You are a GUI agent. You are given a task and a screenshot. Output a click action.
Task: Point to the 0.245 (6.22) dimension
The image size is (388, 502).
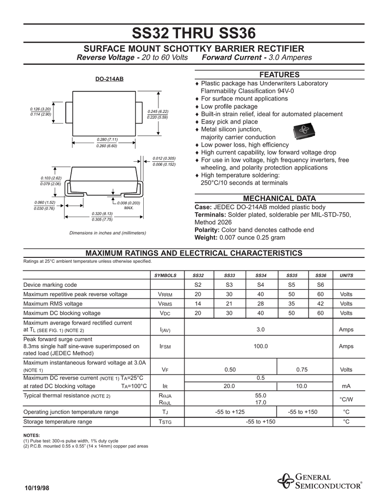coord(157,111)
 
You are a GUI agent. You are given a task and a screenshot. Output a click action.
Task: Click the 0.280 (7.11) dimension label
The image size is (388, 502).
coord(106,140)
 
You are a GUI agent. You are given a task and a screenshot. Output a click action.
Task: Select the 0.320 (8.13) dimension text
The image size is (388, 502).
coord(102,214)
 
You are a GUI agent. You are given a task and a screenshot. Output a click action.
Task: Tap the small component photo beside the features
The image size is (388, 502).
coord(304,131)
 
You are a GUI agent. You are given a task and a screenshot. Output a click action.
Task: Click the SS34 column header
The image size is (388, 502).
coord(260,276)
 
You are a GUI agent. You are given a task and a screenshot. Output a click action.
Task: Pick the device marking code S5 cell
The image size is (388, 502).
coord(291,285)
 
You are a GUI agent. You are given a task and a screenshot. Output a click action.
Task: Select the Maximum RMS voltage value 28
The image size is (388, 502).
coord(260,304)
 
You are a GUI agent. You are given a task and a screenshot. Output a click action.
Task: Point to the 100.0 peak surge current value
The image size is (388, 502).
coord(260,347)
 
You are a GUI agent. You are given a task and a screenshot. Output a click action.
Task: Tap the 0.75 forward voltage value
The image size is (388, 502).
coord(302,370)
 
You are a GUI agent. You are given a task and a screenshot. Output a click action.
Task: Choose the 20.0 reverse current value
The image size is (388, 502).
coord(229,386)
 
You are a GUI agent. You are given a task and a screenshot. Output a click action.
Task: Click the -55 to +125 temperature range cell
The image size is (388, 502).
coord(230,412)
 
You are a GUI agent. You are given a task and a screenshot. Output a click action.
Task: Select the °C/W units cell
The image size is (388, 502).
coord(346,399)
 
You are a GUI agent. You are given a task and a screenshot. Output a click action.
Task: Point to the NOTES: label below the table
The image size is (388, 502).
coord(32,435)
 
